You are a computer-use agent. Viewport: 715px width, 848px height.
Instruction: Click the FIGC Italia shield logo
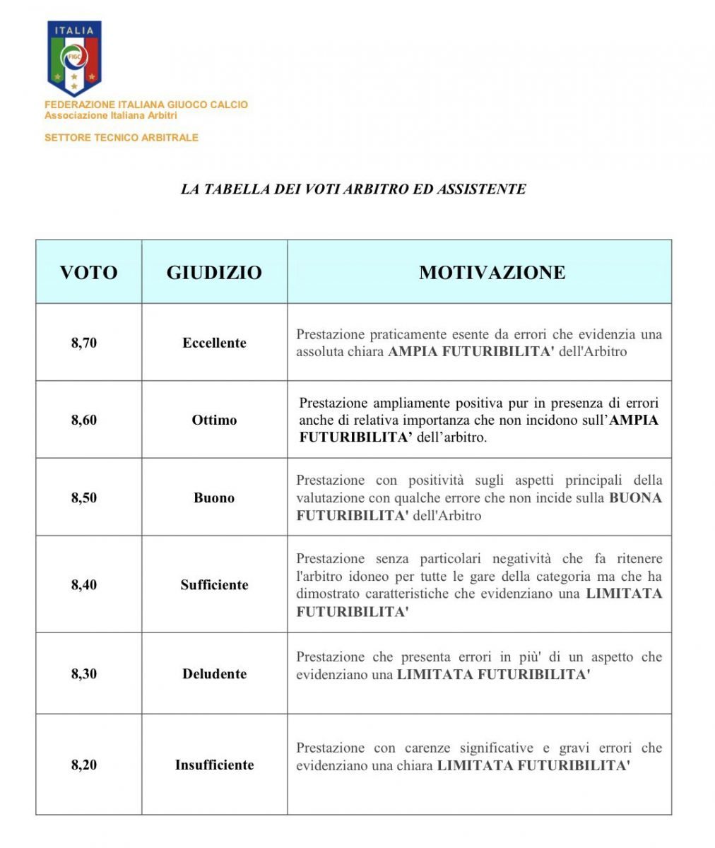[x=73, y=58]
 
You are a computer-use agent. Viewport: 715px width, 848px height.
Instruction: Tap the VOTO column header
[x=88, y=273]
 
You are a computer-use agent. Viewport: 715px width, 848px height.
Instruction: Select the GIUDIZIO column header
[x=214, y=273]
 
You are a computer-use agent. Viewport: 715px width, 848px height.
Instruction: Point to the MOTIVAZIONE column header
[x=492, y=273]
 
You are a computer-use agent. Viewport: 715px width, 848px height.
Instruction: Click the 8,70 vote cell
[x=84, y=343]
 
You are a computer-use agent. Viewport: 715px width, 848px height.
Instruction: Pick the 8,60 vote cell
[x=84, y=420]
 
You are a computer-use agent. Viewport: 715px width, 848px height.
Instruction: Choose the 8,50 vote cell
[x=84, y=497]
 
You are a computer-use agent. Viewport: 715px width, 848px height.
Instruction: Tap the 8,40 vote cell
[x=84, y=584]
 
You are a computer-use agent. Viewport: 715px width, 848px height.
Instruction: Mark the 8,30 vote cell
[x=84, y=673]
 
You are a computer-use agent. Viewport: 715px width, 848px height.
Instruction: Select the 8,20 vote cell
[x=84, y=765]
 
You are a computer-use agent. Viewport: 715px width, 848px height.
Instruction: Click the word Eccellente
[x=214, y=343]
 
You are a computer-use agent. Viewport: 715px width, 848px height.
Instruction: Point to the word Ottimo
[x=214, y=420]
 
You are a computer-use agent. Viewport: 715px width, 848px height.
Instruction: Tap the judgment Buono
[x=214, y=497]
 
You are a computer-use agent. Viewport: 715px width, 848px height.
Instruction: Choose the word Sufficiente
[x=214, y=584]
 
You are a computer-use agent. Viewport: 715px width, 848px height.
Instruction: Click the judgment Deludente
[x=214, y=673]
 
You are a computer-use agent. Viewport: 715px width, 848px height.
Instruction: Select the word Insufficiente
[x=214, y=765]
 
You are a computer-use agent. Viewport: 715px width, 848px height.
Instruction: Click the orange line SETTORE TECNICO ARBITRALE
[x=122, y=138]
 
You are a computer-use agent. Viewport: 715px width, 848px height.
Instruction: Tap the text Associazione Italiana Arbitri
[x=111, y=115]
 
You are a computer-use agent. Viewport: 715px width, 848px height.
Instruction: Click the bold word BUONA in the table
[x=635, y=497]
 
